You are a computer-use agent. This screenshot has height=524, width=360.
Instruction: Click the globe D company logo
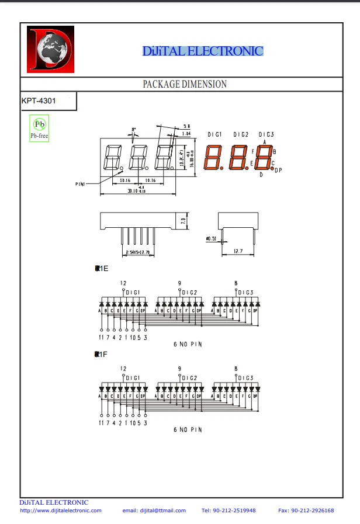pos(50,50)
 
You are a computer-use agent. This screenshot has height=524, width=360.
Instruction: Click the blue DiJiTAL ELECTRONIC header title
pos(203,51)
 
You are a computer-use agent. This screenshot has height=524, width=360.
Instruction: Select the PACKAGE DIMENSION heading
pos(185,84)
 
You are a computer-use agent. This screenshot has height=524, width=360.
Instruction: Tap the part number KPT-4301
pos(39,101)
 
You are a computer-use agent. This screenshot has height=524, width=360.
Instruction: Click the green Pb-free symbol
pos(39,127)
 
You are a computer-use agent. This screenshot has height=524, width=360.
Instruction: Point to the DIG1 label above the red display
pos(215,135)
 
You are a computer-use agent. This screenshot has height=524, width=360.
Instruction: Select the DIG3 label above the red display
pos(266,135)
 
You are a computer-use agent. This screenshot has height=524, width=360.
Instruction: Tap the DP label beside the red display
pos(278,171)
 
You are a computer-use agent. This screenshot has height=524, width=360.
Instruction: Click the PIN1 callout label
pos(81,184)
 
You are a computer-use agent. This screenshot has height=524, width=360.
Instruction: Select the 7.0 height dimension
pos(183,221)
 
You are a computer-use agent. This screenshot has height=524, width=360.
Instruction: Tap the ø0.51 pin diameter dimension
pos(211,238)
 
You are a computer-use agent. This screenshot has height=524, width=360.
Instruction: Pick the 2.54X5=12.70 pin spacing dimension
pos(137,252)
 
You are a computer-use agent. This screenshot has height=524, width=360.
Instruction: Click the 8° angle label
pos(134,129)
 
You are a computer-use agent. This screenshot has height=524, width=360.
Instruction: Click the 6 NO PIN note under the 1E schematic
pos(188,344)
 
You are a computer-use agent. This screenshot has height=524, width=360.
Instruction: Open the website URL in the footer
pos(61,511)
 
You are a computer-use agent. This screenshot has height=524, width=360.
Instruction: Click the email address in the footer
pos(154,511)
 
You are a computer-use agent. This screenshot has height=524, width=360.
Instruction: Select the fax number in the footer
pos(306,511)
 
